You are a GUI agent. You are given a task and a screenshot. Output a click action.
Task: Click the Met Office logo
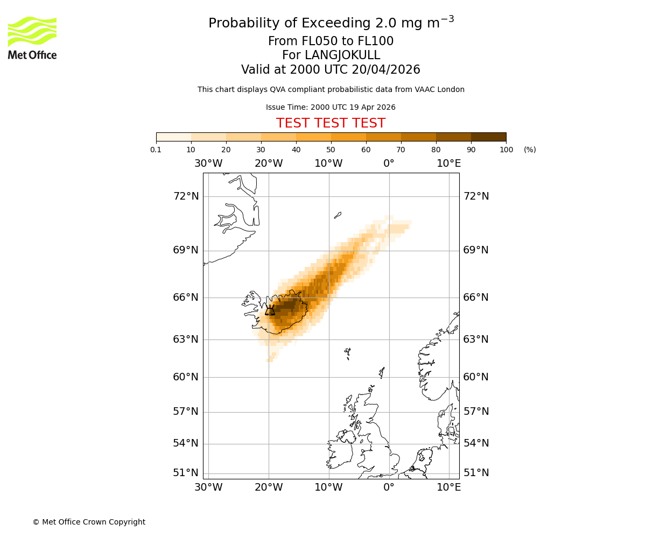(x=32, y=38)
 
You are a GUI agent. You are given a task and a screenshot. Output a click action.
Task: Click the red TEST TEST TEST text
(x=331, y=123)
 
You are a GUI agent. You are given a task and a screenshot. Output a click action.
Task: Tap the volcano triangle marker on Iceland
(x=270, y=310)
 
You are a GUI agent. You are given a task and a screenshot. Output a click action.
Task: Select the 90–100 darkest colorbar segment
(x=488, y=137)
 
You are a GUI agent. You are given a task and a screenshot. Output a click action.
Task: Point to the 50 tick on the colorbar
(x=331, y=150)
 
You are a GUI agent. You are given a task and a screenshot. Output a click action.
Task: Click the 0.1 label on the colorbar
(x=156, y=150)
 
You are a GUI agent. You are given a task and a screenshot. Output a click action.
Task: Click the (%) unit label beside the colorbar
(x=530, y=150)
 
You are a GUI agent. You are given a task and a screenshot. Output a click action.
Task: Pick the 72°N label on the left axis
(x=186, y=196)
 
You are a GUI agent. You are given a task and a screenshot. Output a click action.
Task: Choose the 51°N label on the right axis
(x=476, y=473)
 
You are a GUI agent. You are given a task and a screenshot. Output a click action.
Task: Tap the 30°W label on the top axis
(x=208, y=164)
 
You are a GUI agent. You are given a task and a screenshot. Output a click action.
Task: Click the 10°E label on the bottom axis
(x=448, y=487)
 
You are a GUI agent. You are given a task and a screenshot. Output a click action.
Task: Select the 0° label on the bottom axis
(x=389, y=487)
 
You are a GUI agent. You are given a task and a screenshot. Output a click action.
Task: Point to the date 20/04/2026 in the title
(x=386, y=70)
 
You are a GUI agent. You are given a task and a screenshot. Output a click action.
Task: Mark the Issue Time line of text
(x=331, y=108)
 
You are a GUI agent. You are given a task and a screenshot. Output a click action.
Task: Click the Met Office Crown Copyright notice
(x=89, y=522)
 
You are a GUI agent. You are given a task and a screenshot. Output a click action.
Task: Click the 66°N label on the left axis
(x=186, y=298)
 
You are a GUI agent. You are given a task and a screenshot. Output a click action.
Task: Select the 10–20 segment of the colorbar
(x=208, y=137)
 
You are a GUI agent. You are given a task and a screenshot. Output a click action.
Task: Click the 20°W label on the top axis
(x=269, y=164)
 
